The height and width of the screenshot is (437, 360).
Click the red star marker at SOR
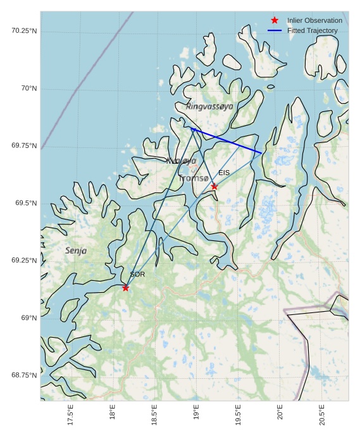coord(125,288)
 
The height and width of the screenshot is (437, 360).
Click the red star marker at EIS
coord(214,187)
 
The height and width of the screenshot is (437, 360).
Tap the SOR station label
coord(137,274)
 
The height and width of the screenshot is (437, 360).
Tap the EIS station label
coord(224,173)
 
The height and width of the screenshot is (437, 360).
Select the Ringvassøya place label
coord(209,106)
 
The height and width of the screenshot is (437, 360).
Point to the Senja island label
coord(76,251)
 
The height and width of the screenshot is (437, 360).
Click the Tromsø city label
coord(193,178)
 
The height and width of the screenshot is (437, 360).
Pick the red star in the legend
coord(275,20)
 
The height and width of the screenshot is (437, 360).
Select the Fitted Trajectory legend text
coord(313,30)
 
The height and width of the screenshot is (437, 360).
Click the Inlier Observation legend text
coord(314,20)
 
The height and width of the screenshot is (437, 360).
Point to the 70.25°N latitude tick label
coord(24,31)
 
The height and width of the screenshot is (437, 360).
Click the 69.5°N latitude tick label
coord(24,203)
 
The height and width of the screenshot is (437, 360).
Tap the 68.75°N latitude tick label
coord(24,375)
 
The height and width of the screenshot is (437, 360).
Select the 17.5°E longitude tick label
coord(70,415)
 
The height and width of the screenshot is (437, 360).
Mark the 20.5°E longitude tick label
coord(322,415)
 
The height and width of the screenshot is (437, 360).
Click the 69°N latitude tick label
coord(28,318)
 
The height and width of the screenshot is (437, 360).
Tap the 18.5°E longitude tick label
coord(154,415)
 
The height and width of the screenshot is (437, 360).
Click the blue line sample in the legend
coord(275,30)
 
